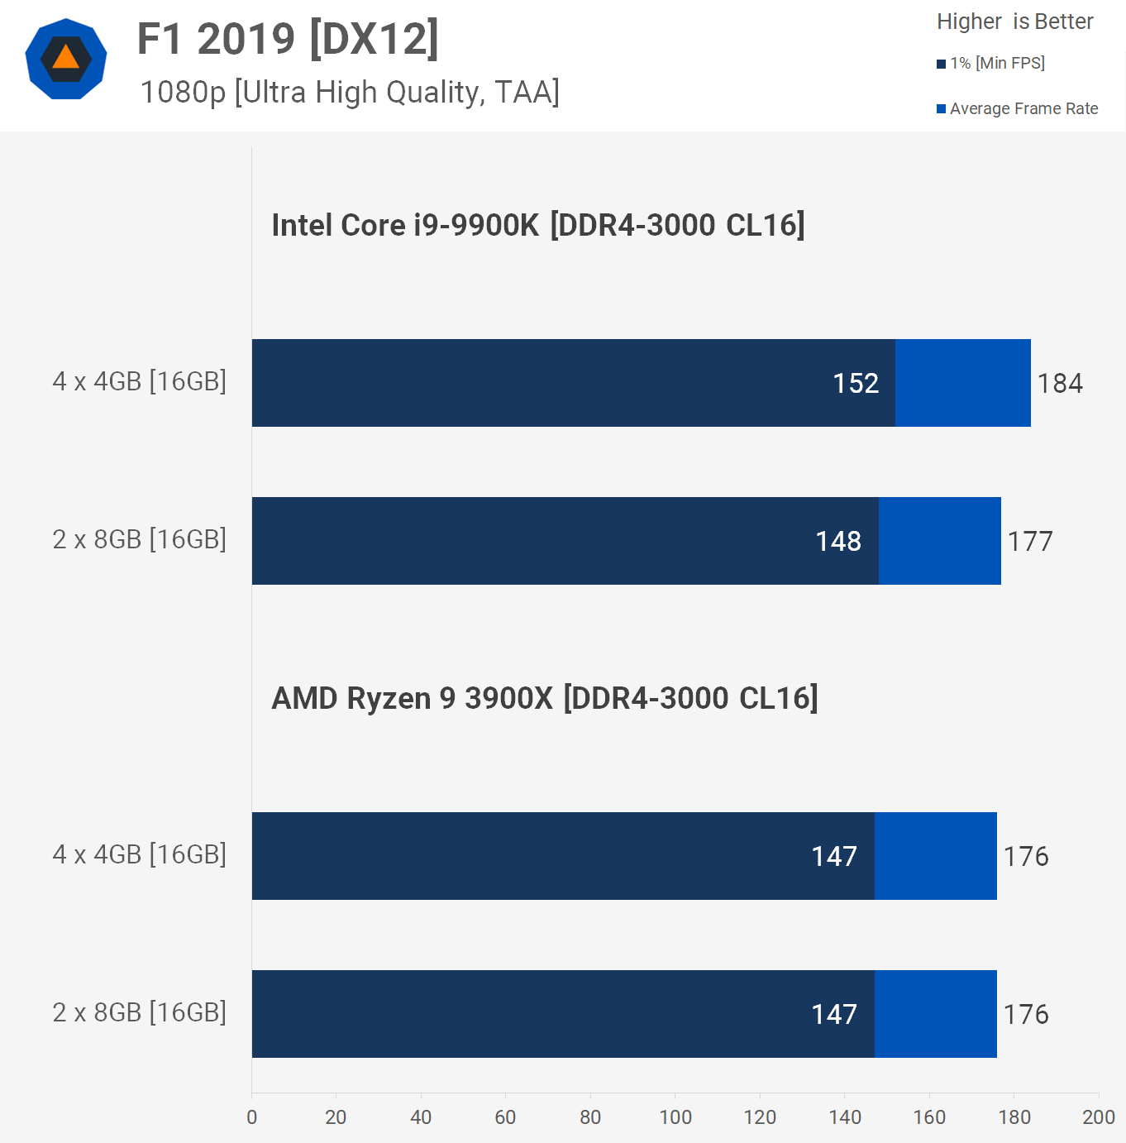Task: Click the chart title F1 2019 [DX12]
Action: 287,39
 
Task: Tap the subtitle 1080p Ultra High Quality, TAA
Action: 350,93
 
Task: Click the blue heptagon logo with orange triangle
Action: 66,59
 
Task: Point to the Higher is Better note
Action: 1014,22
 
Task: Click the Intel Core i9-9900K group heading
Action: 537,225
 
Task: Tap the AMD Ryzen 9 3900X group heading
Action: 544,698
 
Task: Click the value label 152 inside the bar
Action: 855,384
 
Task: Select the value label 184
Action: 1059,384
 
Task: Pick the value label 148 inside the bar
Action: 837,542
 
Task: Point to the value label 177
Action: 1029,542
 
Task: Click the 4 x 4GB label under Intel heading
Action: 139,381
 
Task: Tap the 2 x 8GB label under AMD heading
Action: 139,1012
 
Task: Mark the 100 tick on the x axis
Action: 675,1117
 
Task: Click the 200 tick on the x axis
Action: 1098,1117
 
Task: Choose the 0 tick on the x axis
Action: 252,1117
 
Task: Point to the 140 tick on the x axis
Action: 844,1117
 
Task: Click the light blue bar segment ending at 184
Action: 962,383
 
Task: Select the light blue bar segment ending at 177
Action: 939,541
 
